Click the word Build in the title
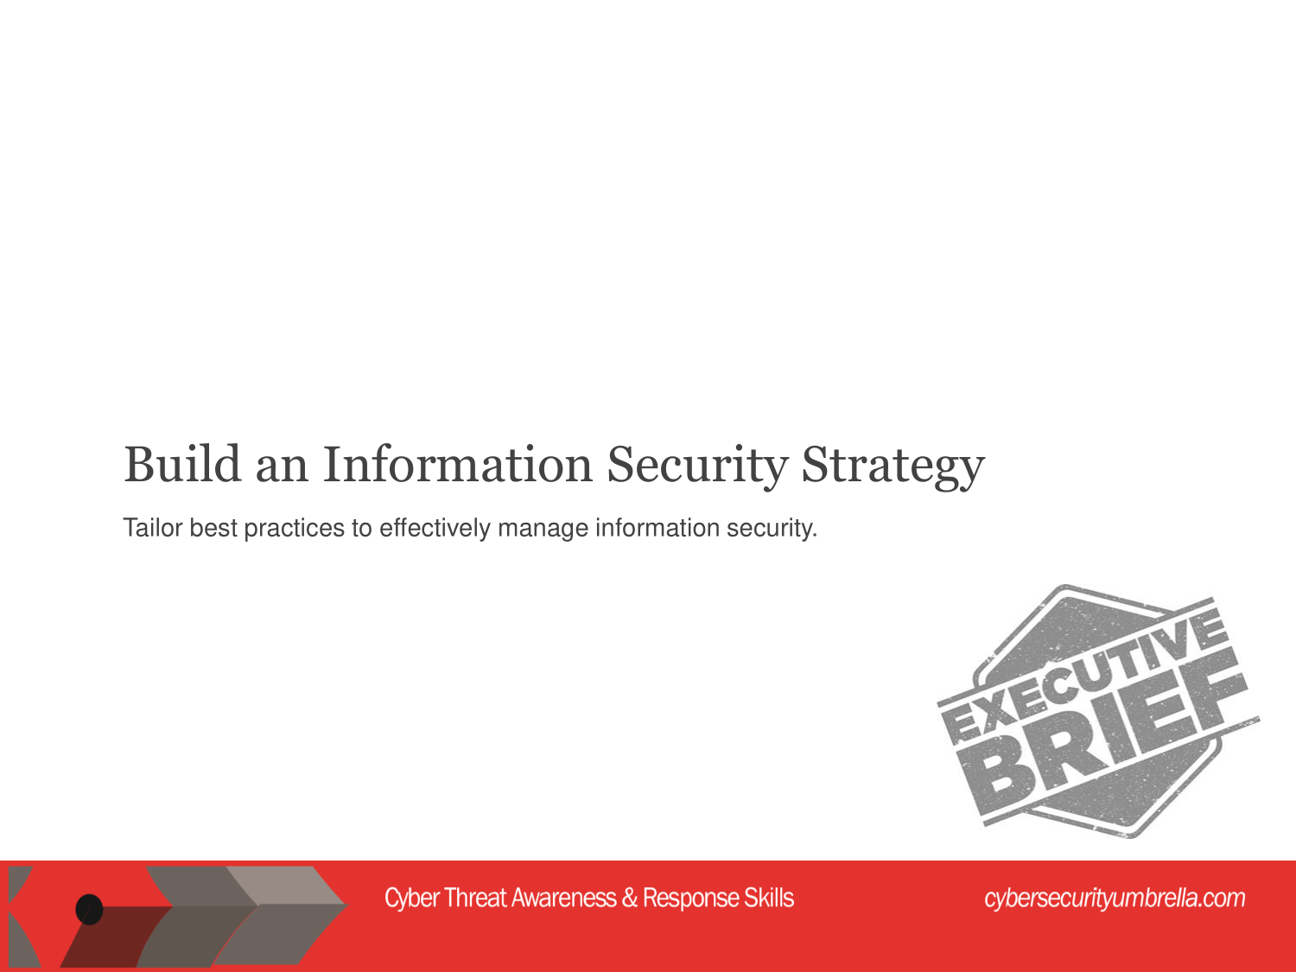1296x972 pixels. tap(182, 464)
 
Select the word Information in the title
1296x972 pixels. tap(458, 464)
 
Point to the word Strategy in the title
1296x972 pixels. tap(893, 467)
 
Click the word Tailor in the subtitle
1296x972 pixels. tap(153, 528)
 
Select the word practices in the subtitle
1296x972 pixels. tap(294, 529)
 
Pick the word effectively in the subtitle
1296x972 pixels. tap(435, 529)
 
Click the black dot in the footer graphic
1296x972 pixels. tap(89, 909)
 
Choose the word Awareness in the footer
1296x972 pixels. tap(564, 898)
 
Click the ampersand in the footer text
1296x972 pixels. tap(629, 898)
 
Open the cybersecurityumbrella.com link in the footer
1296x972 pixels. tap(1115, 899)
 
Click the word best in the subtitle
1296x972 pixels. tap(213, 528)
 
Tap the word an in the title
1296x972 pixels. tap(282, 470)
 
